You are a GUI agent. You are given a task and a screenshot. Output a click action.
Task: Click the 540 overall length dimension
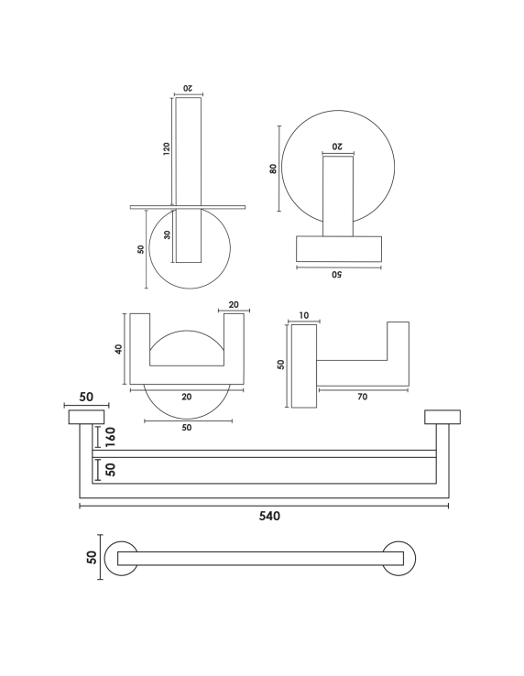click(x=269, y=516)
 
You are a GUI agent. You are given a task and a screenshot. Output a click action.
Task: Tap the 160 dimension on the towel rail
click(x=111, y=437)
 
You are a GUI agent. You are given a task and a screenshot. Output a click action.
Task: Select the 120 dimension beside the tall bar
click(x=167, y=148)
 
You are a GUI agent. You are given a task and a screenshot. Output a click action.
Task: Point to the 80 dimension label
click(x=273, y=169)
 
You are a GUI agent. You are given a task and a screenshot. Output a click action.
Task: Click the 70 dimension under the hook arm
click(x=362, y=397)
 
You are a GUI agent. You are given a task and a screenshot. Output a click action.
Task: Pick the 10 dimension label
click(x=303, y=315)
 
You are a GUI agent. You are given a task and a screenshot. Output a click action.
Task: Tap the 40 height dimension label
click(x=118, y=349)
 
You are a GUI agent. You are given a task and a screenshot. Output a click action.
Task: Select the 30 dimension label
click(x=168, y=235)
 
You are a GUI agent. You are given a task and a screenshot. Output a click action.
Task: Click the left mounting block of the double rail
click(x=86, y=417)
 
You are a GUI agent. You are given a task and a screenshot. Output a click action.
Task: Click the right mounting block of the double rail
click(x=442, y=417)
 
